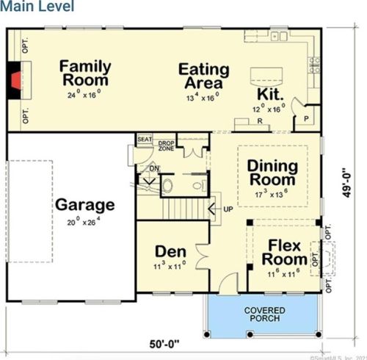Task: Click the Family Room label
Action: (85, 72)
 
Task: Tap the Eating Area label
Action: (203, 76)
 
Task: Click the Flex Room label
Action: (285, 252)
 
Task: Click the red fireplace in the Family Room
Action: (15, 74)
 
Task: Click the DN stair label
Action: (154, 168)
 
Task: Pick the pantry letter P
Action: (305, 118)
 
